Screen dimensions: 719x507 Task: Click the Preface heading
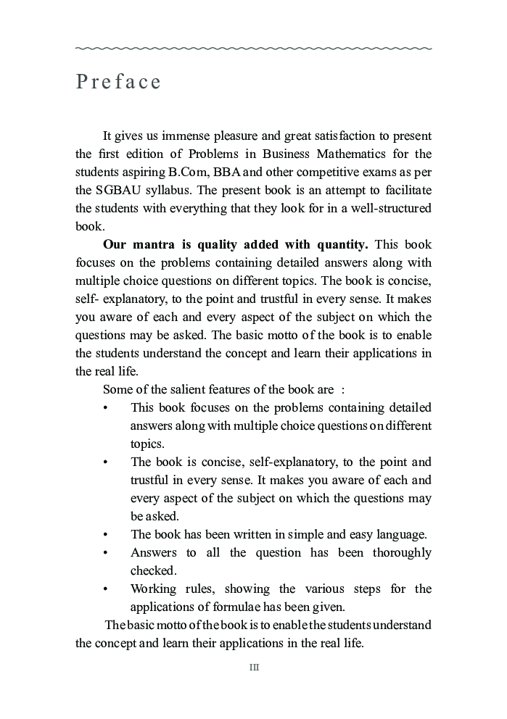point(118,81)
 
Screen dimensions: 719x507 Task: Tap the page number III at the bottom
point(254,668)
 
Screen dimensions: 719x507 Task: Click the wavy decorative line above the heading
point(253,49)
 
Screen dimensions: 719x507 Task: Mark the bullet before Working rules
point(106,589)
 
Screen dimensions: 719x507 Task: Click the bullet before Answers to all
point(106,553)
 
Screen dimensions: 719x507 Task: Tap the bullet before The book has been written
point(106,535)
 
